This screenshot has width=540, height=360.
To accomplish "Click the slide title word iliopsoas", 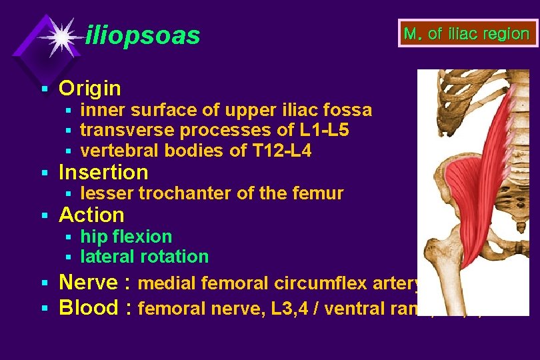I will coord(143,36).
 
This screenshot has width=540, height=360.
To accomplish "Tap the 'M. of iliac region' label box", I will coord(467,33).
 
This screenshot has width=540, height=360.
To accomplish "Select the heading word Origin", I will coord(90,88).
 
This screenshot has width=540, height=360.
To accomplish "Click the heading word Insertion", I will coord(103,173).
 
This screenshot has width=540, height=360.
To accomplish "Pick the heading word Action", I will coord(92,215).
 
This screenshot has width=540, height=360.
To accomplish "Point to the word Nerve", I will coord(88,283).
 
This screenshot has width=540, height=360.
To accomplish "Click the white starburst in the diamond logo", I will coord(61,37).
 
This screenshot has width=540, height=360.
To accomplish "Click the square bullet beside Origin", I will coord(44,89).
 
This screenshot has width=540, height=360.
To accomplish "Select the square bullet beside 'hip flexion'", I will coord(67,237).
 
